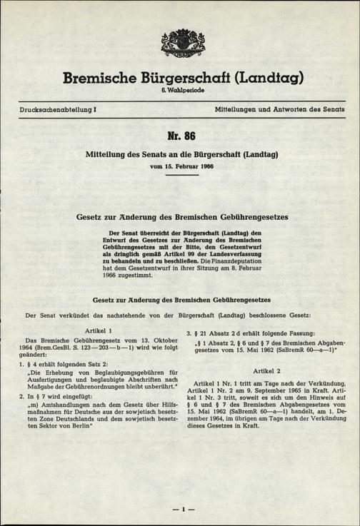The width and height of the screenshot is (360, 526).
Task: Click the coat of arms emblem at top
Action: tap(180, 48)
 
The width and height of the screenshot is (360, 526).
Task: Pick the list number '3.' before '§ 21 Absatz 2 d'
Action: tap(188, 335)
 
